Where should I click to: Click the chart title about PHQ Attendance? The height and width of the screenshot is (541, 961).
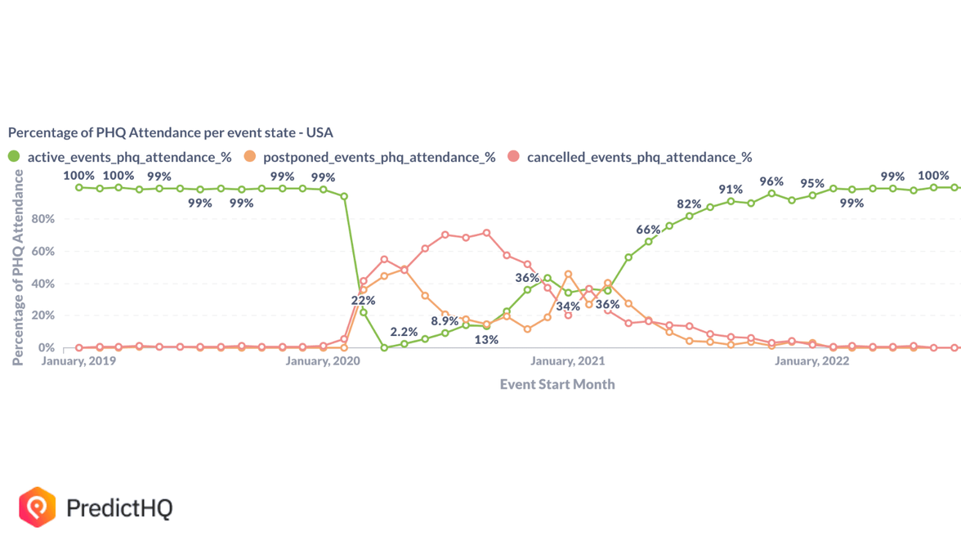[171, 132]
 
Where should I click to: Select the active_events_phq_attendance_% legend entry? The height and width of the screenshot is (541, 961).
[129, 157]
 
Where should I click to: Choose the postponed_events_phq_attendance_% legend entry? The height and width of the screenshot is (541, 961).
[378, 157]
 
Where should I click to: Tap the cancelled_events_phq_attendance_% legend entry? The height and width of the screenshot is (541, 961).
[639, 157]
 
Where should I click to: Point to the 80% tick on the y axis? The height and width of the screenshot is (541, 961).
[42, 219]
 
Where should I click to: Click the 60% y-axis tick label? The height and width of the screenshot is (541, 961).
[42, 252]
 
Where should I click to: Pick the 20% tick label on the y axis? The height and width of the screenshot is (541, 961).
[42, 315]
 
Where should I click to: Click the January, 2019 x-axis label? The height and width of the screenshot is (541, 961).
[78, 360]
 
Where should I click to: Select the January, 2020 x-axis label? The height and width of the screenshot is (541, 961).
[323, 360]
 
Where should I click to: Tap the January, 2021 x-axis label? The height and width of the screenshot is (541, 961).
[567, 360]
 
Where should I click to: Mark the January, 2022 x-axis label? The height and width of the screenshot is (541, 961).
[811, 360]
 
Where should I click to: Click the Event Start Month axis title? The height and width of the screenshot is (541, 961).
[557, 384]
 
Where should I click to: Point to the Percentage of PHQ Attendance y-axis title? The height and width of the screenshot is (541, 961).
[18, 267]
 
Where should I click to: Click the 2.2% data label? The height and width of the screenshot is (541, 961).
[404, 332]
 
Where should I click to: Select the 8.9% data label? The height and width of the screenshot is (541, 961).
[445, 321]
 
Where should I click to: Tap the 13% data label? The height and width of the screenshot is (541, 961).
[486, 339]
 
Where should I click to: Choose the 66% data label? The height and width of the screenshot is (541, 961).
[648, 230]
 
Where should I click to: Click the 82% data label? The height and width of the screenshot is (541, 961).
[689, 203]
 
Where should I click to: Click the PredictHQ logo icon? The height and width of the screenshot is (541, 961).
[38, 507]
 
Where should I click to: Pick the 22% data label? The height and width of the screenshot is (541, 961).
[363, 301]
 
